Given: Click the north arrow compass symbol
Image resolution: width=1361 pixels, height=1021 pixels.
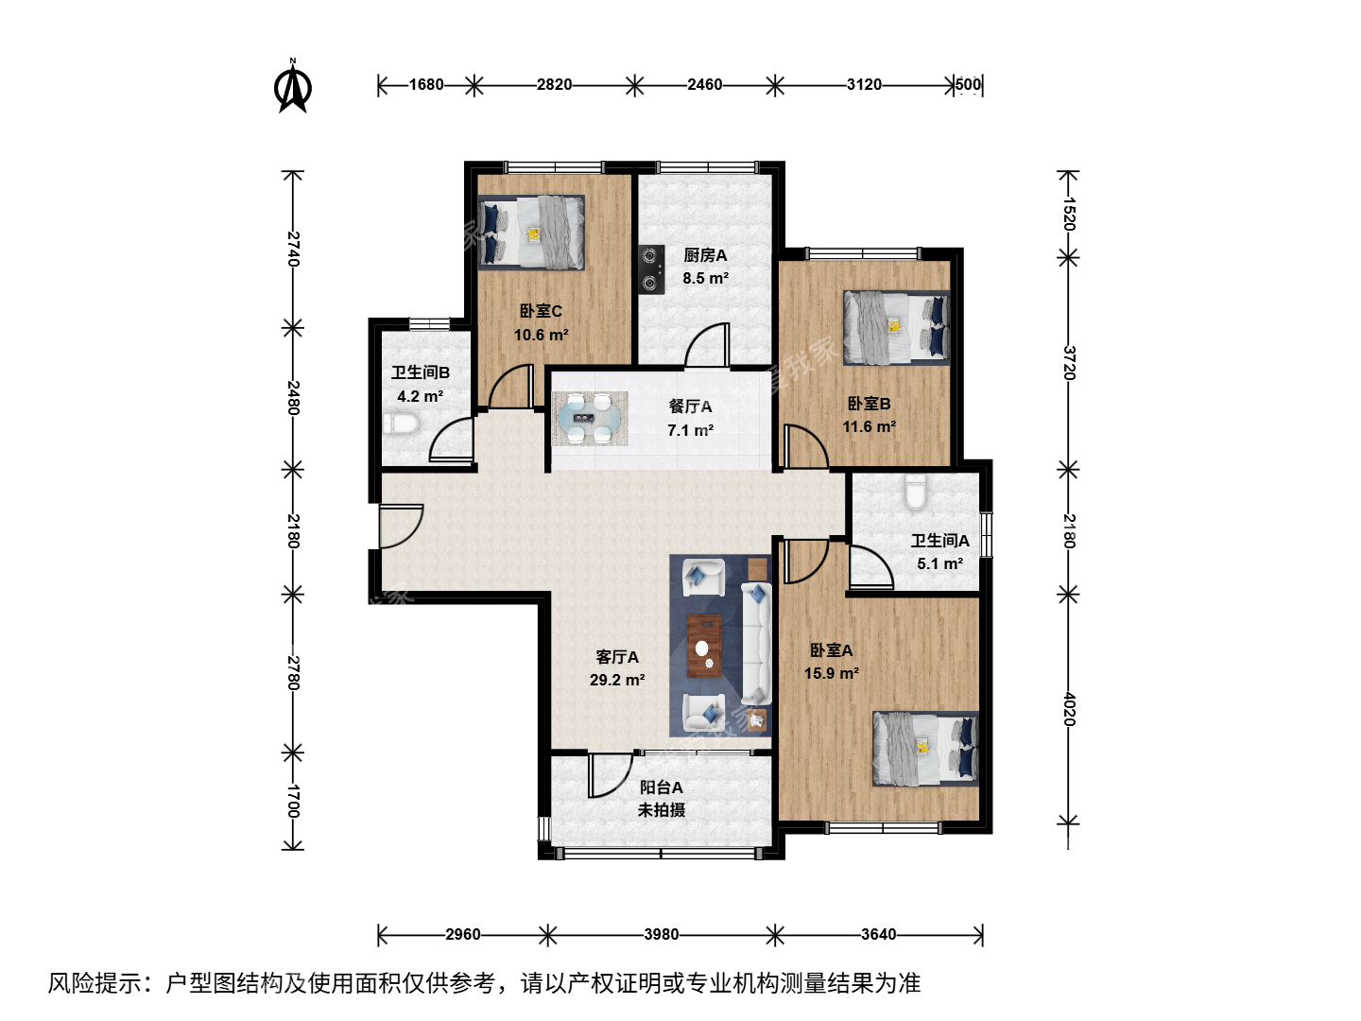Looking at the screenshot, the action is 293,86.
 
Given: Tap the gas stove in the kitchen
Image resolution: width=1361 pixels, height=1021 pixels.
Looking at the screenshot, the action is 651,269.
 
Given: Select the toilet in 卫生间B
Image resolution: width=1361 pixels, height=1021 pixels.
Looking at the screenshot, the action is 402,424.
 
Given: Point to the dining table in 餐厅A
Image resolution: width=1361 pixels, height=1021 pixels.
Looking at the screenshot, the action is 590,419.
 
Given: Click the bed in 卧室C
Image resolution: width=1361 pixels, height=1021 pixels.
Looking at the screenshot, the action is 531,233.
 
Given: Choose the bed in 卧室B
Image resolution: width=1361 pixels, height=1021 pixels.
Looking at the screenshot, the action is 897,327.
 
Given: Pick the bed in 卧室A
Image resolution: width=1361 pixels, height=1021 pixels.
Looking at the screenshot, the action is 925,748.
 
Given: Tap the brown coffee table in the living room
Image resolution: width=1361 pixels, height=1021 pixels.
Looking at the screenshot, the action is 704,646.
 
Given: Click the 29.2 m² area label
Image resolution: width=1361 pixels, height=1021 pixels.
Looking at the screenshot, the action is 617,680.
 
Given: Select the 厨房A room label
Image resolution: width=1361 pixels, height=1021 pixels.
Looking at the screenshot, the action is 705,255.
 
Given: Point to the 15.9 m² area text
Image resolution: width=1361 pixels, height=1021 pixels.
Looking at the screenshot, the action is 832,673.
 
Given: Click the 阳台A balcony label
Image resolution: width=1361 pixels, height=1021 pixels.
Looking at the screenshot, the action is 661,787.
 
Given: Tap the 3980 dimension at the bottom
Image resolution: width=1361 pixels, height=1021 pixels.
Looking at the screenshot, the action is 661,934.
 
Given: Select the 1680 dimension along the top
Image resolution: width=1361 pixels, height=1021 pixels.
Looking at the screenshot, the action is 426,84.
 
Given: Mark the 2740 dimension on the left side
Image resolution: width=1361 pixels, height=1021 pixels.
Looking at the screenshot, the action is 294,249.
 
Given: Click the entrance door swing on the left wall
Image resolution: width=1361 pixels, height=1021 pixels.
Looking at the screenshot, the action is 401,527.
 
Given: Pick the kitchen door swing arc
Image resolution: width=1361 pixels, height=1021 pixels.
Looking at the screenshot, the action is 707,344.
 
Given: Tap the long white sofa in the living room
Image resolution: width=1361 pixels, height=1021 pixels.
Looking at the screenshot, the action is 756,644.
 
